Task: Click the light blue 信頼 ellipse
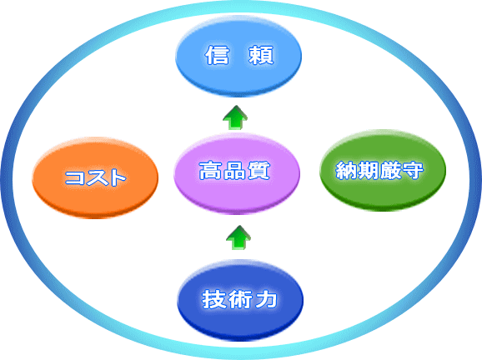coord(238,57)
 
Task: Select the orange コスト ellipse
coord(95,177)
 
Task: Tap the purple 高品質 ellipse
coord(237,173)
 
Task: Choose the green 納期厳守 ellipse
coord(383,170)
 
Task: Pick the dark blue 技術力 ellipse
coord(240,300)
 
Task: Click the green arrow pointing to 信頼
coord(235,117)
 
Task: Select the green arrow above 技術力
coord(238,237)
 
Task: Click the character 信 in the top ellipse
coord(217,55)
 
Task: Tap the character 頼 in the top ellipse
coord(261,55)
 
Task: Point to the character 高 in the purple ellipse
coord(210,171)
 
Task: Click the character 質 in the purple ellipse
coord(259,171)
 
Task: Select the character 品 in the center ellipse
coord(234,171)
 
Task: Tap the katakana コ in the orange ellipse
coord(74,177)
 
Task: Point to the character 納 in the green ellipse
coord(347,170)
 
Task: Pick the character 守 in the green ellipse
coord(413,170)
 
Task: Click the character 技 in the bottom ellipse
coord(214,299)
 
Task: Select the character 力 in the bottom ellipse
coord(266,299)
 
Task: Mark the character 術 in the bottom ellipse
coord(241,299)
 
